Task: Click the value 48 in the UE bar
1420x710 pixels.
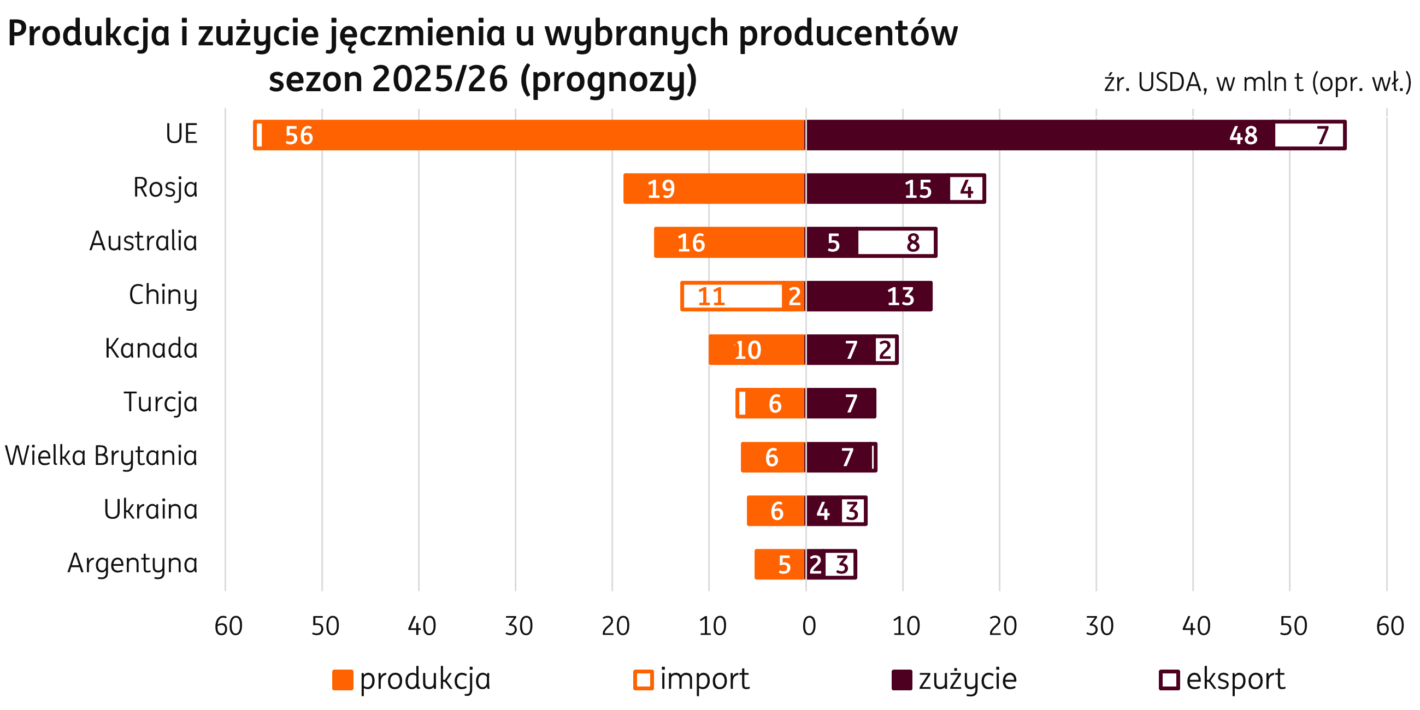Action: click(1243, 135)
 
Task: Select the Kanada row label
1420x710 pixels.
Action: click(151, 349)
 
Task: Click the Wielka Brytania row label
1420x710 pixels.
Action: click(102, 457)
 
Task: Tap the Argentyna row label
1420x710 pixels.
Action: click(132, 564)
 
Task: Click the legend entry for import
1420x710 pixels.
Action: click(692, 679)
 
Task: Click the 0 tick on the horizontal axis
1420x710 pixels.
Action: click(807, 626)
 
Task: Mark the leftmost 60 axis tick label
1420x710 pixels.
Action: click(226, 626)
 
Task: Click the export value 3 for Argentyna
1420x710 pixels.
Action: click(841, 565)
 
